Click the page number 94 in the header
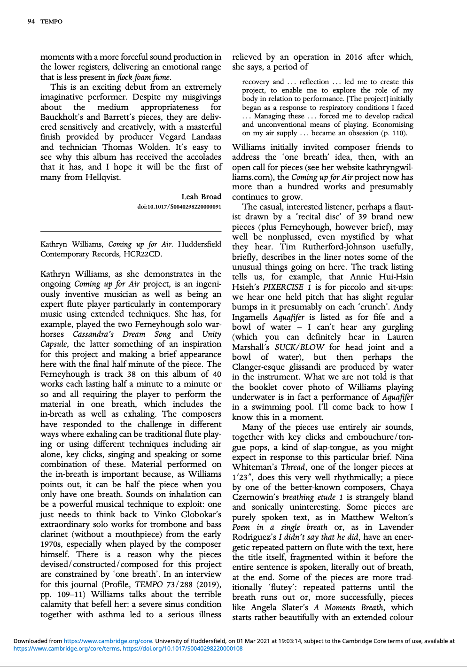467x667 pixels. pyautogui.click(x=31, y=22)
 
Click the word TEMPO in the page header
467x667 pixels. pyautogui.click(x=51, y=22)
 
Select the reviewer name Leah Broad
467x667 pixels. pyautogui.click(x=201, y=197)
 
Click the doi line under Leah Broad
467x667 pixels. pyautogui.click(x=179, y=207)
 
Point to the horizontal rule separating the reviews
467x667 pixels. pyautogui.click(x=131, y=231)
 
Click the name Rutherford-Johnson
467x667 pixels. pyautogui.click(x=341, y=247)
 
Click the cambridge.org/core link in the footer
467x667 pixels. pyautogui.click(x=108, y=641)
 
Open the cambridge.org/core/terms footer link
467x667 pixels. pyautogui.click(x=66, y=649)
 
